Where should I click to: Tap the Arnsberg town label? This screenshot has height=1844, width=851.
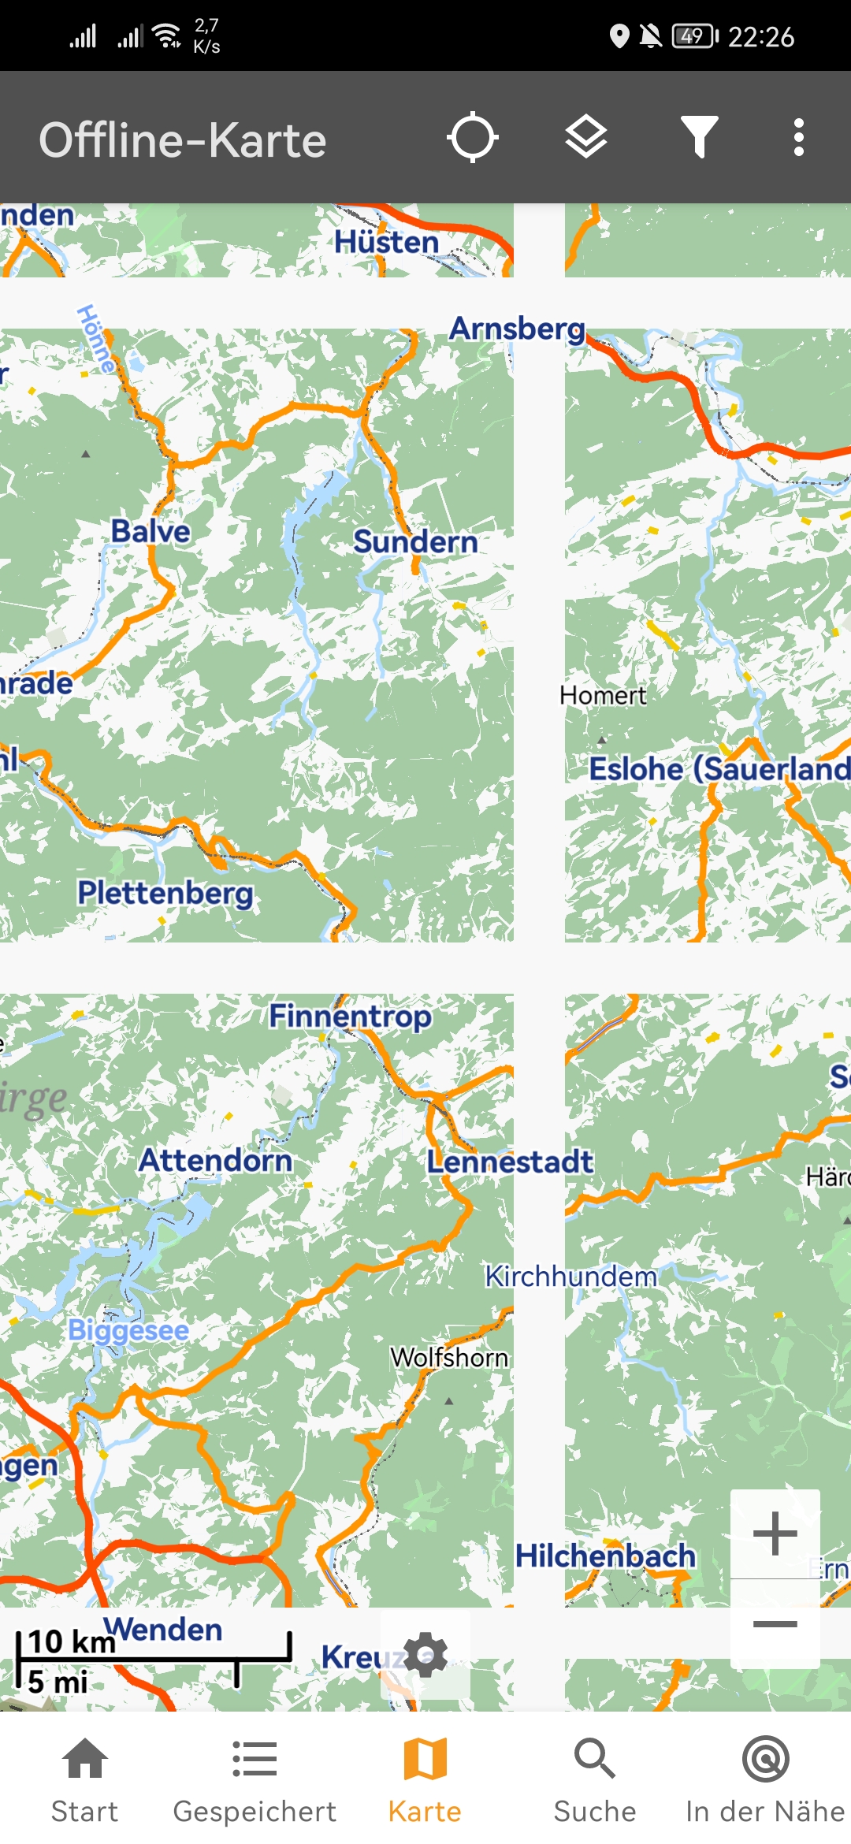click(517, 329)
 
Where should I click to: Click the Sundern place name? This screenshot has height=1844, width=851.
click(415, 542)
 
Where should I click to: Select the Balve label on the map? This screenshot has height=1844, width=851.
click(151, 532)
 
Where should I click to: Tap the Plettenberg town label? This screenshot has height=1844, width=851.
click(165, 894)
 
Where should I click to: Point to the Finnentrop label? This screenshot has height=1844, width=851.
click(350, 1017)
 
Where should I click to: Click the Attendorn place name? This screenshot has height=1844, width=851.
click(215, 1161)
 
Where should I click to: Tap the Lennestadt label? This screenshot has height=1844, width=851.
click(510, 1162)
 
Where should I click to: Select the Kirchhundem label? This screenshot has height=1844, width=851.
click(570, 1277)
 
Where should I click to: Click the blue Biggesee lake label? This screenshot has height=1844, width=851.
click(128, 1330)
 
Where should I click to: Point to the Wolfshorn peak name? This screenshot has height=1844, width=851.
click(449, 1358)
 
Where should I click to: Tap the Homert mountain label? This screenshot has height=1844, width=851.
click(603, 696)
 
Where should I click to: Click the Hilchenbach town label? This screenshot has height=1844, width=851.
click(605, 1556)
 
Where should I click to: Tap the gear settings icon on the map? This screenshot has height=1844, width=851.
click(425, 1654)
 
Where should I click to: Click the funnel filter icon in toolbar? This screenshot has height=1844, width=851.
click(699, 138)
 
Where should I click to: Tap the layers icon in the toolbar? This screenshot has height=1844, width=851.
click(586, 138)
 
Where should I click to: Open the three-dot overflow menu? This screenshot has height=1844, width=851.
click(799, 138)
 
